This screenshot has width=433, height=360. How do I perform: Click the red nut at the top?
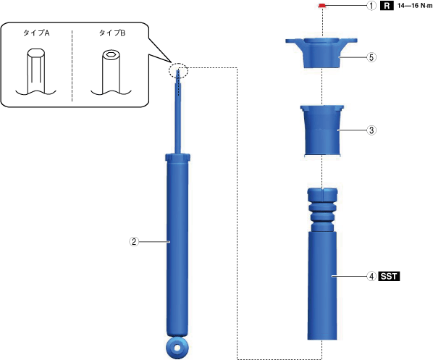321,6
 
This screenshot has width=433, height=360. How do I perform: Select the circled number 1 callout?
371,6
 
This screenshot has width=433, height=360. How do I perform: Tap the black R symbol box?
387,6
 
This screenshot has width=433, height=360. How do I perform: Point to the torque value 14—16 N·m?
415,6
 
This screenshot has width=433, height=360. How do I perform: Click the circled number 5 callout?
371,57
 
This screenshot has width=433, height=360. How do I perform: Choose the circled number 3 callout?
371,130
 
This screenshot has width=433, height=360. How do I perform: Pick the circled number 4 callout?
371,276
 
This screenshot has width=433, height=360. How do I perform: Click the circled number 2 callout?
134,242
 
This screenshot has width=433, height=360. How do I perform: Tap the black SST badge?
389,276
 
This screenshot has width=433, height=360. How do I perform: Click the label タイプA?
36,33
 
